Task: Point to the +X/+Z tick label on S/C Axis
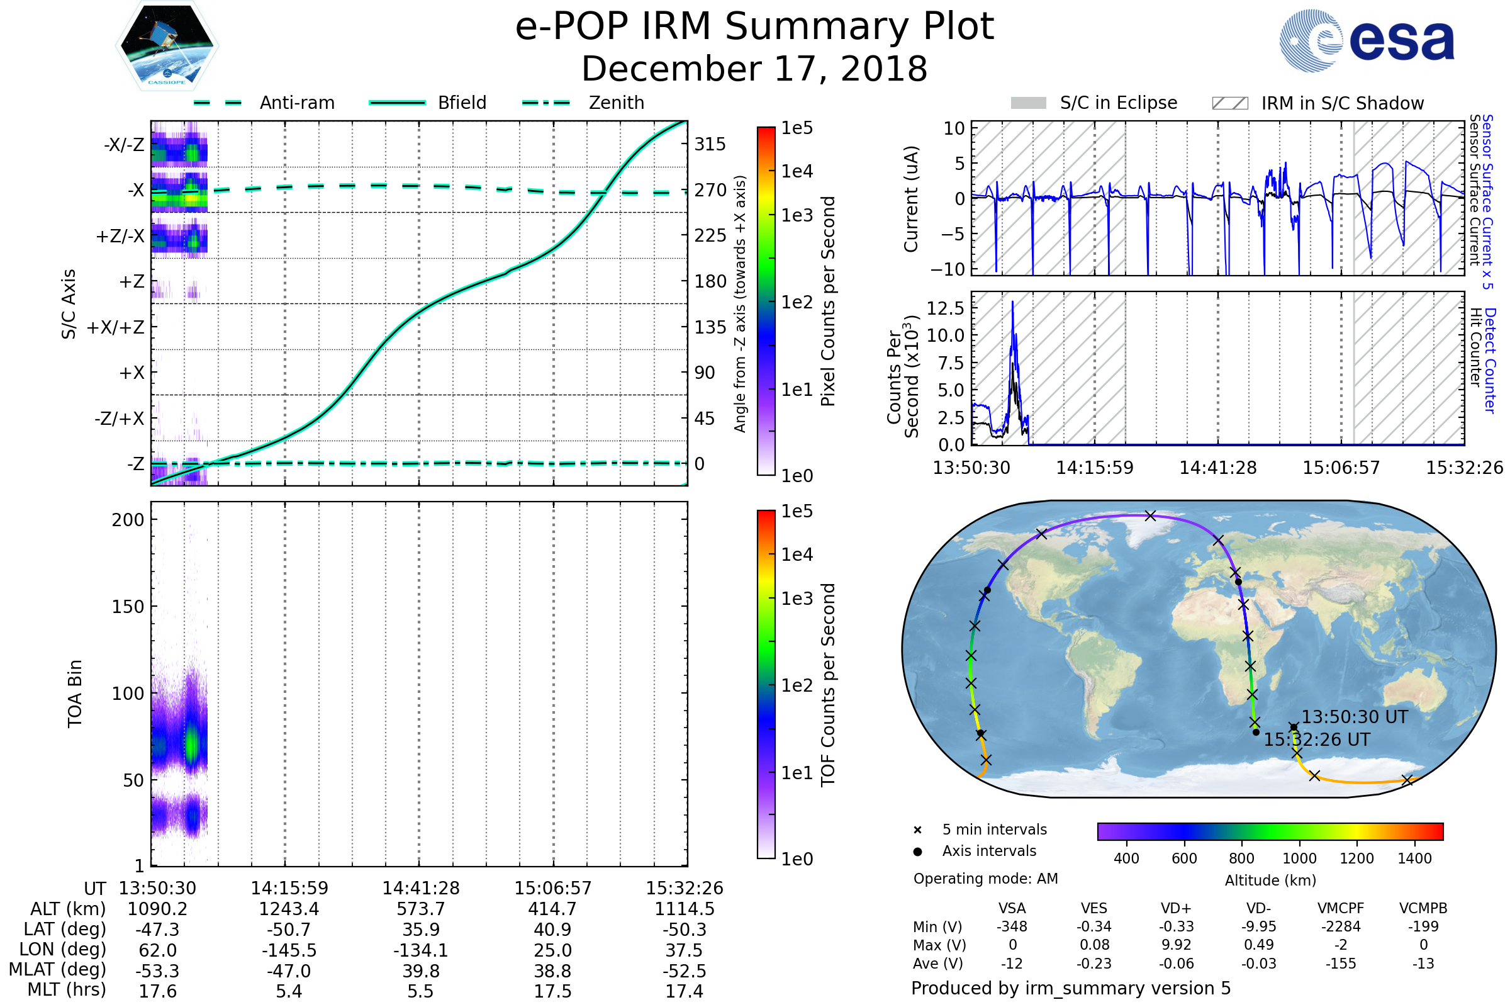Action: coord(116,327)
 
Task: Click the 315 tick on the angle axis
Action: coord(710,144)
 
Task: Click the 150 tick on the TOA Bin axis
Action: coord(128,607)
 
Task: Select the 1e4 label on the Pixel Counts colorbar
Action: coord(797,171)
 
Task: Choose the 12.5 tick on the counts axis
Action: coord(946,308)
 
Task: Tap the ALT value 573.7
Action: coord(420,909)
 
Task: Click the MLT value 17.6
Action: coord(157,991)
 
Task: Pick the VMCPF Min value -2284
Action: coord(1341,926)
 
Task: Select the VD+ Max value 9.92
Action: coord(1176,945)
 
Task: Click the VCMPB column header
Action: coord(1423,908)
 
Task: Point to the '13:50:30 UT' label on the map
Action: coord(1354,717)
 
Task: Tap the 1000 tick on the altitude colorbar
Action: coord(1299,858)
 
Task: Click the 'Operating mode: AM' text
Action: coord(985,879)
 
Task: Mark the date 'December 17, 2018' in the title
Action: coord(754,69)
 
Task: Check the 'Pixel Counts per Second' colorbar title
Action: coord(828,301)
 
